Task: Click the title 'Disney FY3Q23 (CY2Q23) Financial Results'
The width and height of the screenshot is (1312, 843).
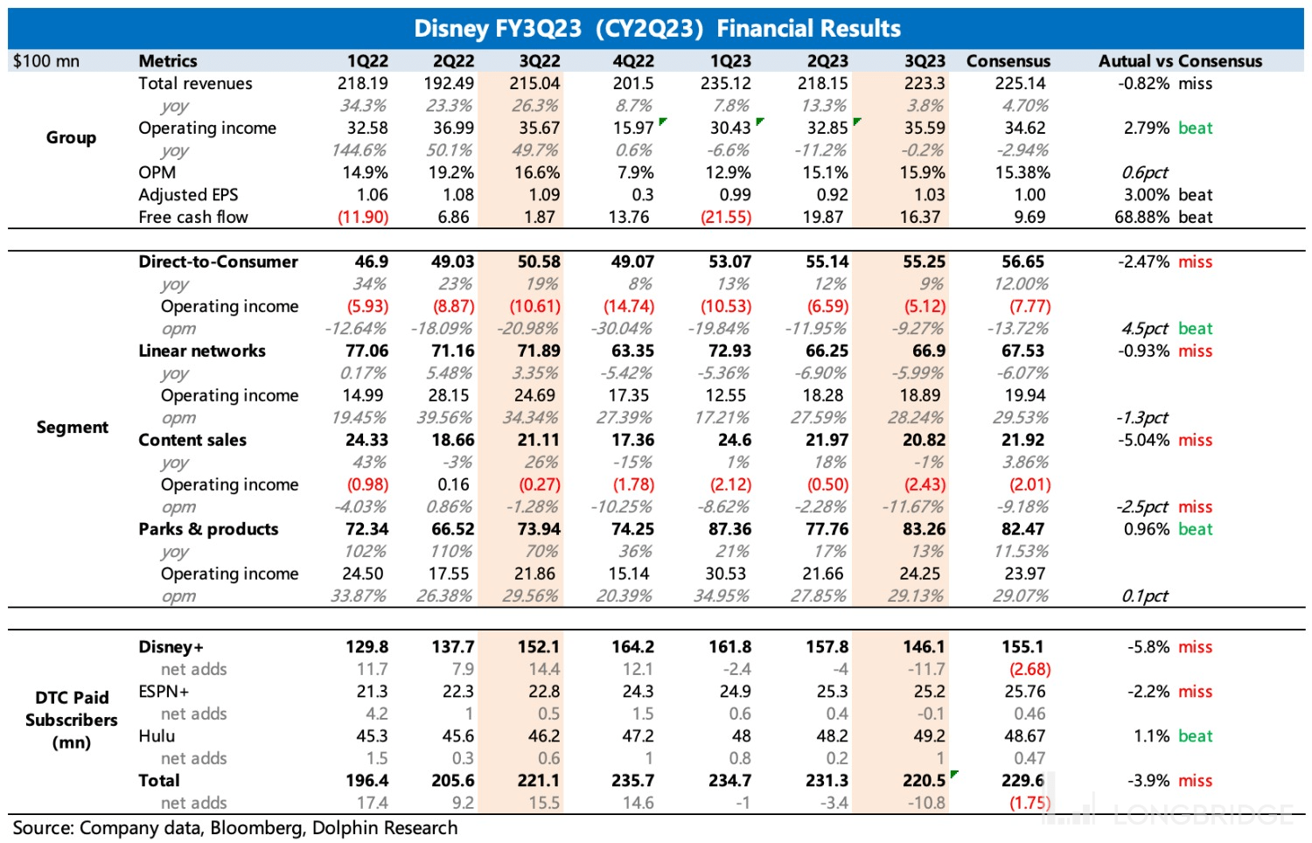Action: click(x=656, y=28)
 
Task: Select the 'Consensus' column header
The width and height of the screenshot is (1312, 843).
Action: click(x=1008, y=61)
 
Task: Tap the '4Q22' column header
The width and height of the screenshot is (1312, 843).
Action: click(x=632, y=61)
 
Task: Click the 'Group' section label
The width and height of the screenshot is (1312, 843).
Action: click(x=71, y=137)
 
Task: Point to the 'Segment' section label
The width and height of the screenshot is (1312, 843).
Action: click(x=72, y=427)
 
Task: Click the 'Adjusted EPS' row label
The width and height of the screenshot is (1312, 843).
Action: click(x=188, y=195)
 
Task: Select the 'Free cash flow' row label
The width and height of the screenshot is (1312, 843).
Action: click(x=192, y=217)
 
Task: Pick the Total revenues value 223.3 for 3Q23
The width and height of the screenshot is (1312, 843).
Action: click(x=924, y=84)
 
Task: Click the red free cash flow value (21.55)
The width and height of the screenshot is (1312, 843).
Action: click(x=725, y=217)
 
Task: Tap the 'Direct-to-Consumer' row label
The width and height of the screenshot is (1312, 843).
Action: click(x=218, y=261)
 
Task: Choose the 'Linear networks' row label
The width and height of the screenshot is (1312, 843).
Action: click(x=201, y=351)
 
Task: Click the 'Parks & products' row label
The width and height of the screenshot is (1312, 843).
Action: click(x=208, y=529)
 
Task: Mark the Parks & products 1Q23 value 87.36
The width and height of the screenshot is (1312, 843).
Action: click(x=729, y=529)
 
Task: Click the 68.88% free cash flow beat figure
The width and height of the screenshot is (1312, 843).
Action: click(x=1141, y=217)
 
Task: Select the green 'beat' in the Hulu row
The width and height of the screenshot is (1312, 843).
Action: click(x=1195, y=736)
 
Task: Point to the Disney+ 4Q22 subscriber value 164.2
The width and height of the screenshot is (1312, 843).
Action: click(x=632, y=647)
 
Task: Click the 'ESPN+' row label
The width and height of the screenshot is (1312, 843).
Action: click(x=164, y=692)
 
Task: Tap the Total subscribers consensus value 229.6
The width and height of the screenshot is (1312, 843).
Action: click(x=1022, y=781)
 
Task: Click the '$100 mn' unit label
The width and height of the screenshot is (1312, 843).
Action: click(x=45, y=61)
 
